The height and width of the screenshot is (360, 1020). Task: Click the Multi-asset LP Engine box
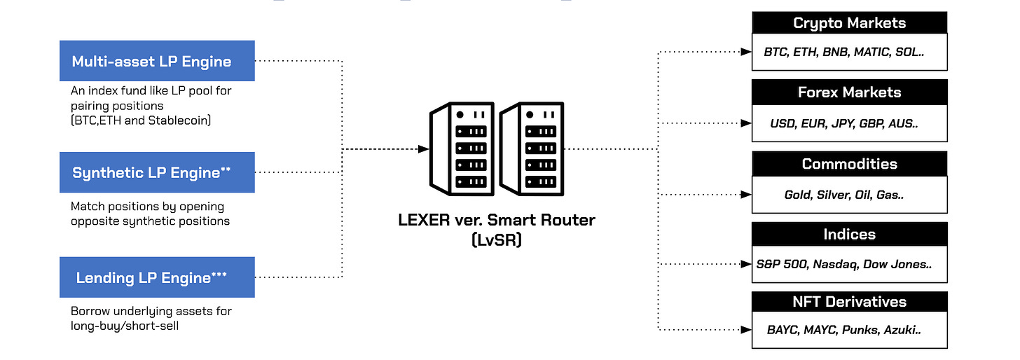157,61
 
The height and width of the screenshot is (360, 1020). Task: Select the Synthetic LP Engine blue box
157,172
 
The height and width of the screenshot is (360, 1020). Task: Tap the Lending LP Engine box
157,277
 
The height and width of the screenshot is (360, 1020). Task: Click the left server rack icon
460,148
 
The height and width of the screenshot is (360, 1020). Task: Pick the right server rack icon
530,148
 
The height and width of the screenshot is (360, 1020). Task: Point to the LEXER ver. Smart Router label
496,220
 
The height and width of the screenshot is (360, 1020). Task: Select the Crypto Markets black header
849,23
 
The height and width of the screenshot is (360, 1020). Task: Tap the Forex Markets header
849,92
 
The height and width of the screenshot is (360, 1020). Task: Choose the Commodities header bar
849,164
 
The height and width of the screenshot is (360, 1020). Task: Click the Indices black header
849,234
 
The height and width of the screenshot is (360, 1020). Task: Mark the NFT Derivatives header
849,302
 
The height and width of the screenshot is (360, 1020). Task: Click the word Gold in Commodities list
798,195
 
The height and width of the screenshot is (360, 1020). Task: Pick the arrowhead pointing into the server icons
423,149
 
